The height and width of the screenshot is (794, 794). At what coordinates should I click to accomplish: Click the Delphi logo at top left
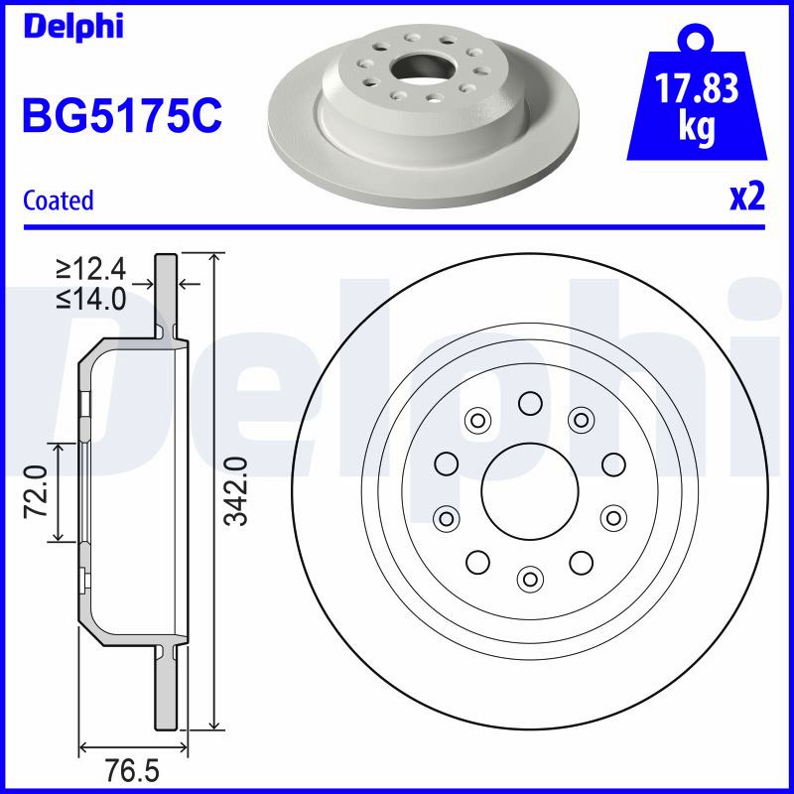73,27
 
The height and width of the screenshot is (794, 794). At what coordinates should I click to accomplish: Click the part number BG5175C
122,115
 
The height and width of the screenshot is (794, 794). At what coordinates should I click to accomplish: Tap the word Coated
59,200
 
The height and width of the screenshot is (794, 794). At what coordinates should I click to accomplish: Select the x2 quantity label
747,197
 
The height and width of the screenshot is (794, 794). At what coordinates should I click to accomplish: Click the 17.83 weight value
697,88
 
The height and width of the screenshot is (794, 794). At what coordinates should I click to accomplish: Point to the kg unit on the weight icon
697,127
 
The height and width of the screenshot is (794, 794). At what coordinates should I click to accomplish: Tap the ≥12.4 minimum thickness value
90,269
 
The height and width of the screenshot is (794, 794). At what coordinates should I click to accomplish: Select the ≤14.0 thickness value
90,299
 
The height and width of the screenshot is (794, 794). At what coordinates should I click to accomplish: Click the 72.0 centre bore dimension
37,491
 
